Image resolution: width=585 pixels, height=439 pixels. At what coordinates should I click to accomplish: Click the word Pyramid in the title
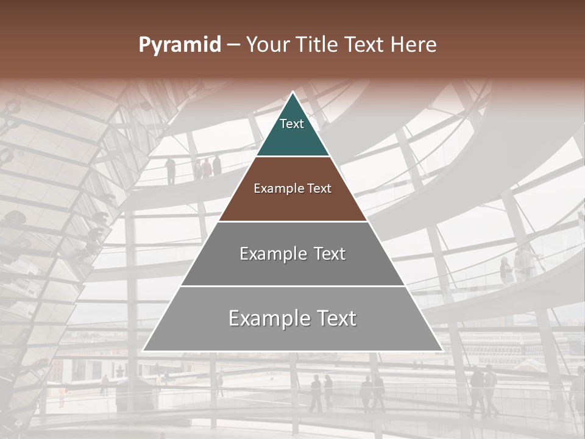[179, 45]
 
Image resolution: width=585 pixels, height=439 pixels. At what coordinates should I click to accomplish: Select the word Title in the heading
[317, 45]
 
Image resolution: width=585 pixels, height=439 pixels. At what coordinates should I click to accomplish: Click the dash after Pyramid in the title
[233, 46]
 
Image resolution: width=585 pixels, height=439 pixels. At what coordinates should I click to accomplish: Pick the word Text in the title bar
[364, 45]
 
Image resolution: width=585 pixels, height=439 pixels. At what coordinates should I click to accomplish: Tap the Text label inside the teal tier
[292, 124]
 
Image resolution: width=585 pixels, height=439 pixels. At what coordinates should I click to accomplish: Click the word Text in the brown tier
[319, 188]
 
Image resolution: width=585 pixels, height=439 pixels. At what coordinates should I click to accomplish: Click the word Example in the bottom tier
[265, 318]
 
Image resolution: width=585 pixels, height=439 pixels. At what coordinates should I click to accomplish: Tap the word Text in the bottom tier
[336, 318]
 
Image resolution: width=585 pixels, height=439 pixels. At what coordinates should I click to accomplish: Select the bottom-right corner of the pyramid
[442, 351]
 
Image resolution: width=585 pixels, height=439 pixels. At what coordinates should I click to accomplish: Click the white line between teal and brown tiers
[292, 156]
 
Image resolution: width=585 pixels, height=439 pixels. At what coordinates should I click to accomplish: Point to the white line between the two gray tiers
[292, 286]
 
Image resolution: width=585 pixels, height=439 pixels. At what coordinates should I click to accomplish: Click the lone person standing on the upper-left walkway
[171, 171]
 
